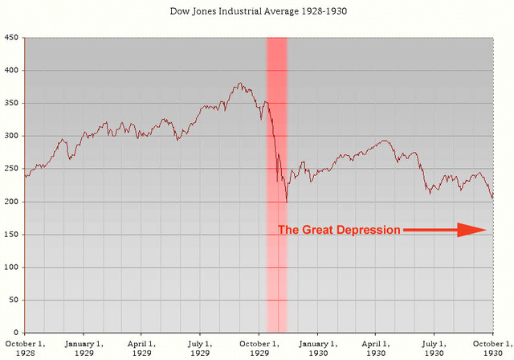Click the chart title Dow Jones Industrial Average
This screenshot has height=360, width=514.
tap(256, 14)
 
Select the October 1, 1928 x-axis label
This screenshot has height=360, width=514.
tap(25, 348)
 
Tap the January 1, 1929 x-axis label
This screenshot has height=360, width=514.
tap(84, 348)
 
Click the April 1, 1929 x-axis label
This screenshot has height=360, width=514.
tap(141, 348)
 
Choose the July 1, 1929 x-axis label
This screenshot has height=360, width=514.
tap(200, 348)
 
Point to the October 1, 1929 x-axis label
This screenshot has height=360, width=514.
tap(259, 348)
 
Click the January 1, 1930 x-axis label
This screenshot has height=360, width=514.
tap(317, 348)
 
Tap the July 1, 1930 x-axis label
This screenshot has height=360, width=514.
tap(434, 348)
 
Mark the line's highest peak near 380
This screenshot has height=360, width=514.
tap(239, 83)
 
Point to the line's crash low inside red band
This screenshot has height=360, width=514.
tap(287, 202)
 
